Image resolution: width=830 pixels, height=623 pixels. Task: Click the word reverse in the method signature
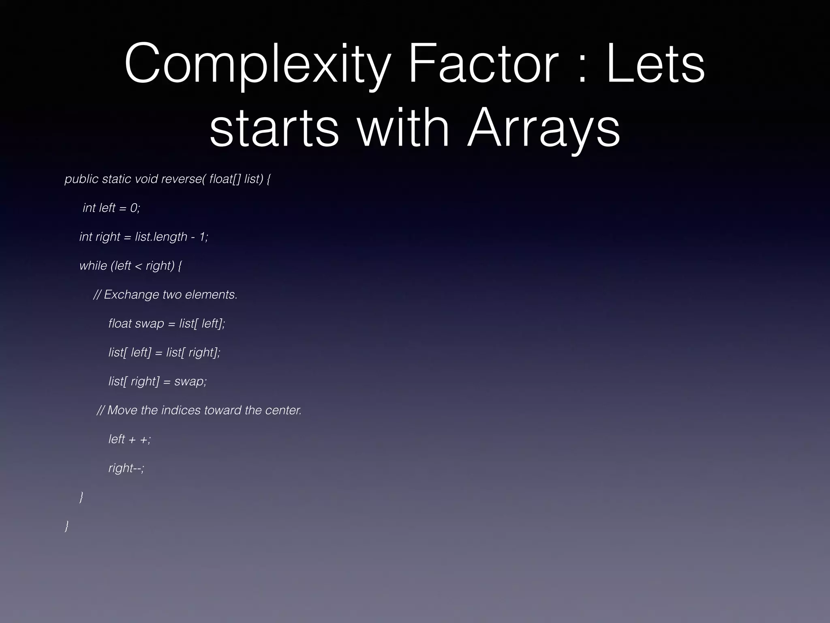(x=183, y=179)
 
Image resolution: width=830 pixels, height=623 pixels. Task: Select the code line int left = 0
(x=111, y=208)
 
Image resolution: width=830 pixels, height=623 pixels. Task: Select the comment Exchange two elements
(x=165, y=294)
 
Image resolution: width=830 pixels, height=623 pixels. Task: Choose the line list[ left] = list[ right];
(x=164, y=352)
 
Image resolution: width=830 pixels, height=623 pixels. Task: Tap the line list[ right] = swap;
(x=157, y=381)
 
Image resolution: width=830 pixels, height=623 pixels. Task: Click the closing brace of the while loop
(x=81, y=497)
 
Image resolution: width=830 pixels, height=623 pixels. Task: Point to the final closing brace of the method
(x=67, y=526)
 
